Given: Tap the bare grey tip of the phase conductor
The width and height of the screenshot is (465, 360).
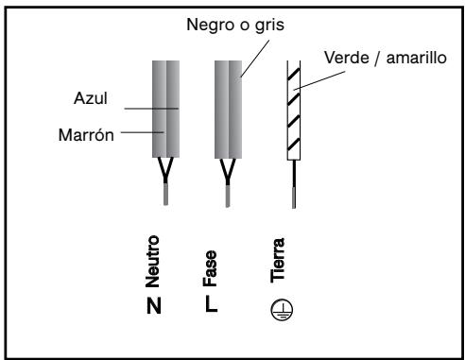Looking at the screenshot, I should click(226, 195).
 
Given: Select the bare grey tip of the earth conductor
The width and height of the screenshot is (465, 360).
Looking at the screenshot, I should click(294, 197).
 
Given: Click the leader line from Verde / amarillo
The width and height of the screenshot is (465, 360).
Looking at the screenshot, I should click(319, 77).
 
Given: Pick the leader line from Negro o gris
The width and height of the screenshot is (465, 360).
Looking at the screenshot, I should click(247, 53).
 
